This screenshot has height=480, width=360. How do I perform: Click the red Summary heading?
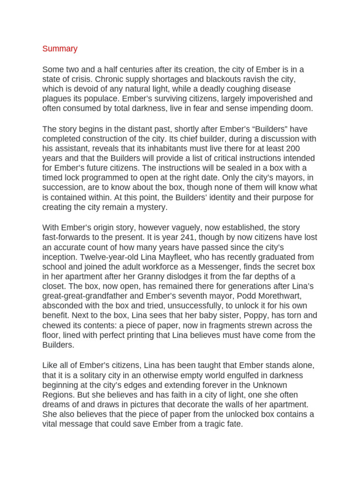click(x=60, y=49)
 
